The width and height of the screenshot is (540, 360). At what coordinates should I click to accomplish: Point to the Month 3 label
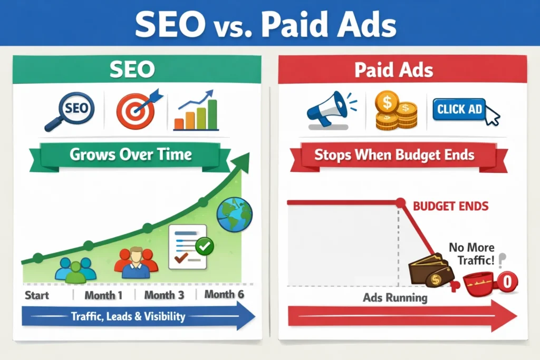pyautogui.click(x=164, y=295)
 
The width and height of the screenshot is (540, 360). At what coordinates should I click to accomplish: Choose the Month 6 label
pyautogui.click(x=224, y=295)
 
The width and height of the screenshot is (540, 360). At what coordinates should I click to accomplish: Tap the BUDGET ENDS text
pyautogui.click(x=451, y=206)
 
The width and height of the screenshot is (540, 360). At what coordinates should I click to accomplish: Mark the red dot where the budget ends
pyautogui.click(x=400, y=202)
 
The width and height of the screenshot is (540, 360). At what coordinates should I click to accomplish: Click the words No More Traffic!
pyautogui.click(x=472, y=253)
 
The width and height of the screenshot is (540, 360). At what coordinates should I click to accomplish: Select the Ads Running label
pyautogui.click(x=396, y=298)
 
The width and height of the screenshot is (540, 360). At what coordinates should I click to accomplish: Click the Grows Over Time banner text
pyautogui.click(x=130, y=155)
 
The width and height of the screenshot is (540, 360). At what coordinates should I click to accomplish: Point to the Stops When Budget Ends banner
pyautogui.click(x=394, y=155)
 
